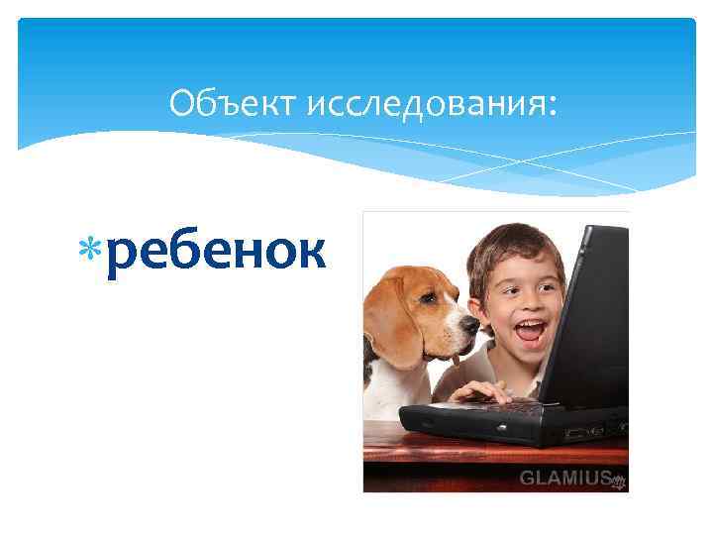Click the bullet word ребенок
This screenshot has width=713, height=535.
point(216,252)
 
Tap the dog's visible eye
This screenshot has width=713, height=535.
point(427,296)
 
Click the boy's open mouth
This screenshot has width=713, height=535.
point(532,330)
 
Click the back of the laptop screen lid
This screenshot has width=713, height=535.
point(588,307)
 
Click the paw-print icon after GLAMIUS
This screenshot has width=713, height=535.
point(619,481)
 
